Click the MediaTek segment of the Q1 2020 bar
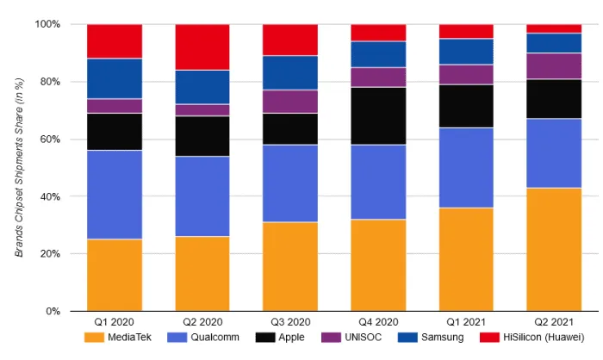coord(114,275)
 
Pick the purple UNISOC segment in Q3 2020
coord(290,102)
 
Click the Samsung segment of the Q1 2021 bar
coord(466,52)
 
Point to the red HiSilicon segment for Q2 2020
coord(202,47)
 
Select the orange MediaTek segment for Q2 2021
coord(555,250)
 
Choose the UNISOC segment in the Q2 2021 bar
coord(555,66)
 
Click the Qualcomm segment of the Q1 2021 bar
coord(466,168)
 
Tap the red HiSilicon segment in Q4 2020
coord(378,33)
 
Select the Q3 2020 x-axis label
coord(290,321)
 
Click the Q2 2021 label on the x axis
coord(555,321)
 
